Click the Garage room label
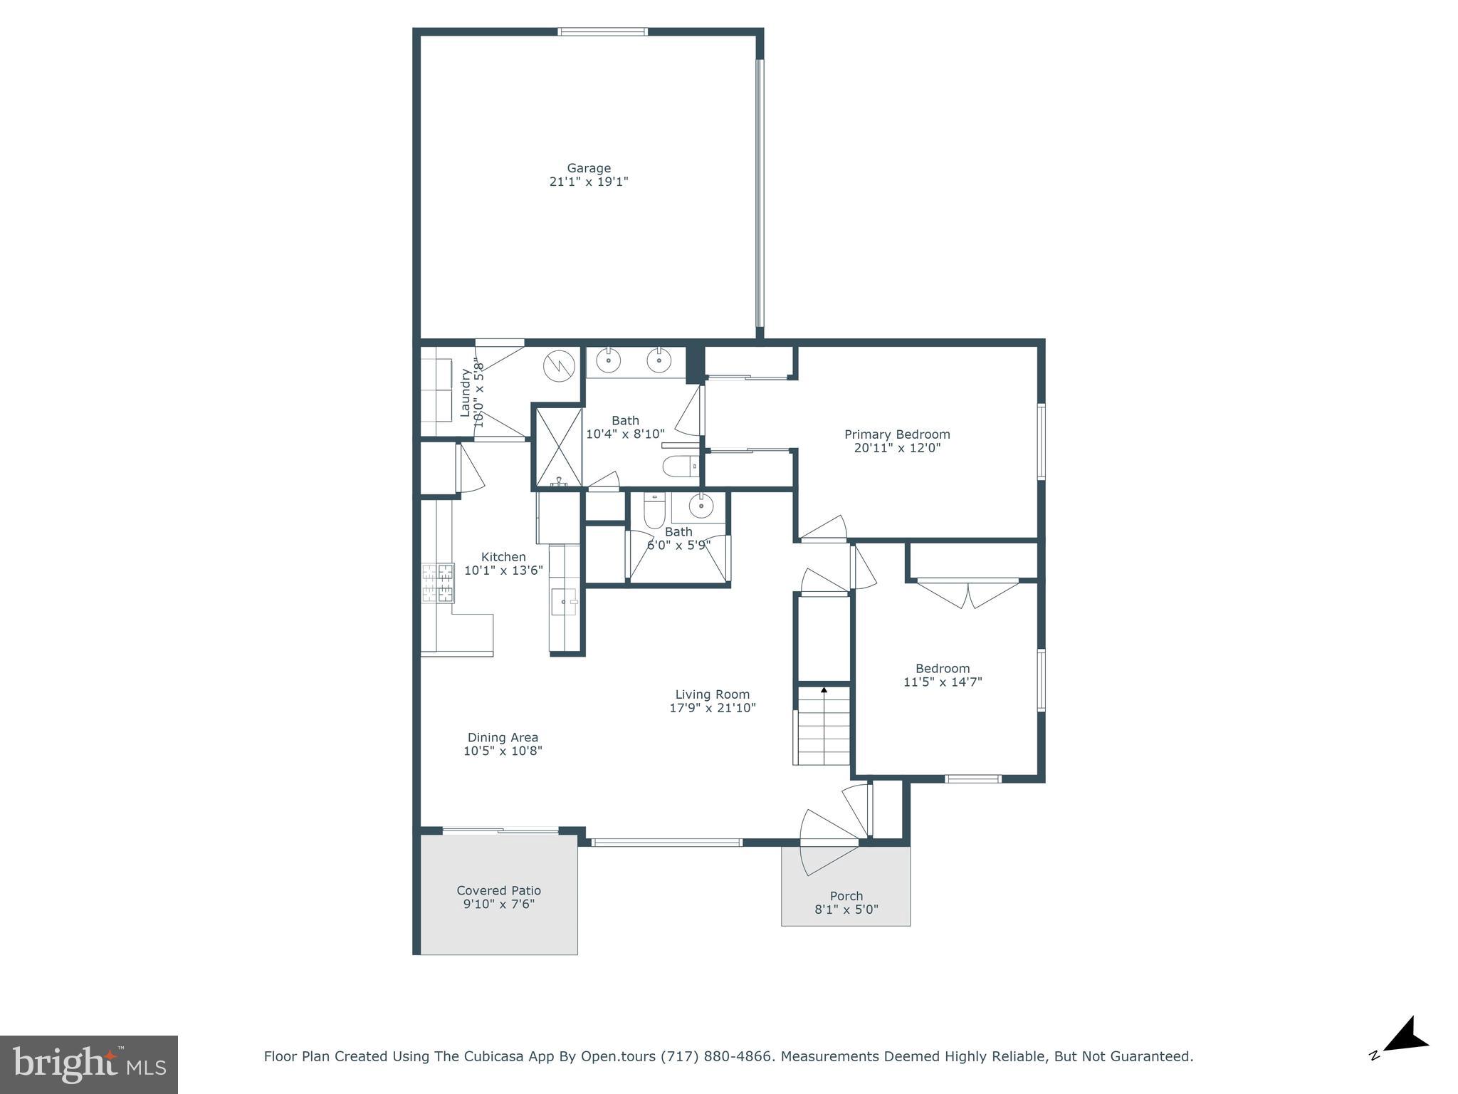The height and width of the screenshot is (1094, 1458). point(589,169)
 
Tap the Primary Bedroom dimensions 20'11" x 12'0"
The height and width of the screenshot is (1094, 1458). point(897,448)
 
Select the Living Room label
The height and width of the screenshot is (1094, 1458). point(712,694)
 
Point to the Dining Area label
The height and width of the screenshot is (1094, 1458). point(503,738)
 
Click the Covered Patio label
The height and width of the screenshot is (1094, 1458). point(498,890)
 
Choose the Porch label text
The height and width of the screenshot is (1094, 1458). point(846,896)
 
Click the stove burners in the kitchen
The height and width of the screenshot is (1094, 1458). point(438,583)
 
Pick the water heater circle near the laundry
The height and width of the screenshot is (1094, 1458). point(559,366)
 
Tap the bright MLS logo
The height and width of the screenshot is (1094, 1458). point(89,1065)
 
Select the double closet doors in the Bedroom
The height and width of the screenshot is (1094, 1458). point(968,593)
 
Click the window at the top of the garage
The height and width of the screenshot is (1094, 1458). point(602,31)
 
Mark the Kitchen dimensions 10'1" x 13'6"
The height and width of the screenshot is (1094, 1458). point(503,571)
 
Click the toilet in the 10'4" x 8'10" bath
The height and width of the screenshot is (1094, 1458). point(680,467)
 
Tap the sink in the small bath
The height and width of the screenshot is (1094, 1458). point(701,506)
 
